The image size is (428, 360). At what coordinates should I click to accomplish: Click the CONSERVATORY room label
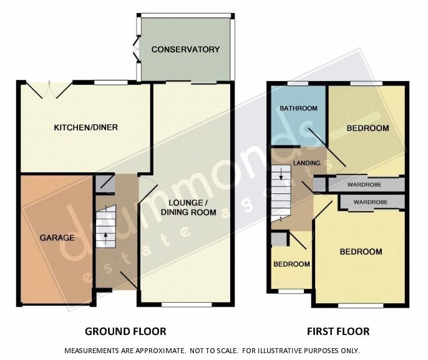click(x=185, y=49)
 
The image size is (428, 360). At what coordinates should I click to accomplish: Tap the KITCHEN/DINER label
click(x=85, y=127)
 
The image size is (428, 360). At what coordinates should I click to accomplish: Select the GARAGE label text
click(x=57, y=238)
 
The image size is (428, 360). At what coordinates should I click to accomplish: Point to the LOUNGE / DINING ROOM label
click(x=188, y=207)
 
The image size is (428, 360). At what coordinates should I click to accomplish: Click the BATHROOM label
click(x=298, y=109)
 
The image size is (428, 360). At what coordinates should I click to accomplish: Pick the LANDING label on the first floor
click(x=307, y=163)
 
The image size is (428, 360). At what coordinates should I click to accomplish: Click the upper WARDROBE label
click(x=364, y=185)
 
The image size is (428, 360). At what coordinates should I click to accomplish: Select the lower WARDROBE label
click(x=371, y=202)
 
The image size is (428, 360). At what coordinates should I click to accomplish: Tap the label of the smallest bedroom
click(x=291, y=264)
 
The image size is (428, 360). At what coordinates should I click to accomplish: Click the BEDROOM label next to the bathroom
click(x=367, y=129)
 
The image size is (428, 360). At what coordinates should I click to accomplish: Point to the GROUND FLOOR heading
click(x=125, y=331)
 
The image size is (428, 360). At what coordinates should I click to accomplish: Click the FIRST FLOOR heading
click(x=338, y=331)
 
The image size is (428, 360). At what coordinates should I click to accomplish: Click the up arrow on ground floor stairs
click(x=105, y=238)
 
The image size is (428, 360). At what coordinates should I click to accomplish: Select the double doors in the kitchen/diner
click(x=49, y=89)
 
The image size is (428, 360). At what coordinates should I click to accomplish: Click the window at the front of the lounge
click(x=187, y=304)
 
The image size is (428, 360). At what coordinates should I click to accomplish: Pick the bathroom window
click(x=297, y=84)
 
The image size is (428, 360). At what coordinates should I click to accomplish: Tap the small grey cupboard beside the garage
click(x=105, y=184)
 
